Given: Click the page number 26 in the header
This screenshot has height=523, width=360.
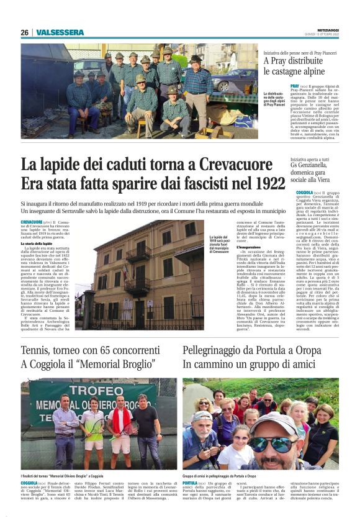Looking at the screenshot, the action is tap(24, 32).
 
